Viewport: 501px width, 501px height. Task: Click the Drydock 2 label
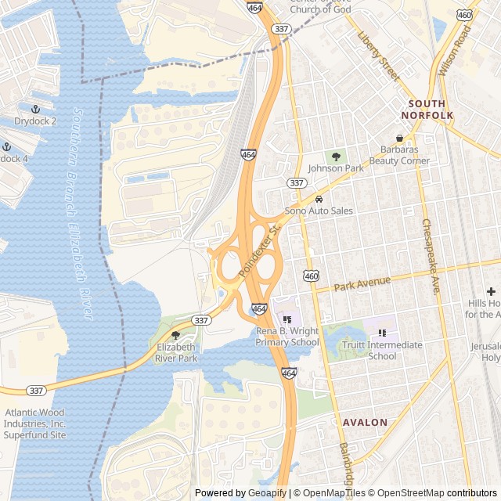(35, 121)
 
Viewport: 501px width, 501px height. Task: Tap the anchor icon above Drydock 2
(35, 109)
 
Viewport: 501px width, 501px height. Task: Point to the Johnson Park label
(336, 168)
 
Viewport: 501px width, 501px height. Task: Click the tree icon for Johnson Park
(337, 156)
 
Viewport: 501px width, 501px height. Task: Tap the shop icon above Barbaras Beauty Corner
(399, 138)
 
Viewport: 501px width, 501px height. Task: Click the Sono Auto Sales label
(319, 211)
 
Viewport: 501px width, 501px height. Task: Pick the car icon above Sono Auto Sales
(319, 199)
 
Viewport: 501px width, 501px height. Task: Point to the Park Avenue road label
(362, 283)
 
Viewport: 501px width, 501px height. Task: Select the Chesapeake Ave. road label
(431, 257)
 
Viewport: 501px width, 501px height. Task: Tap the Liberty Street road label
(378, 56)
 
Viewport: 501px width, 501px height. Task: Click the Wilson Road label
(455, 50)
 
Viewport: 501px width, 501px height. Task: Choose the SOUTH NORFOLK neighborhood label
(427, 110)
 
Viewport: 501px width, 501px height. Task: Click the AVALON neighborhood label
(365, 423)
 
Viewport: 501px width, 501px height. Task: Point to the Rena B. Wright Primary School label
(287, 337)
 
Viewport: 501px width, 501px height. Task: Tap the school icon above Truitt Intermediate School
(382, 333)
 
